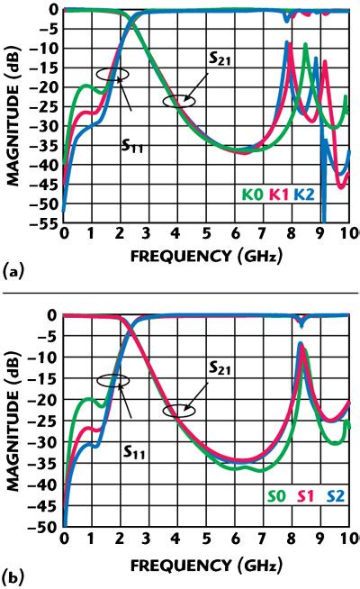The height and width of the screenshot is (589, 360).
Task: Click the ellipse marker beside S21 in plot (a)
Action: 179,102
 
